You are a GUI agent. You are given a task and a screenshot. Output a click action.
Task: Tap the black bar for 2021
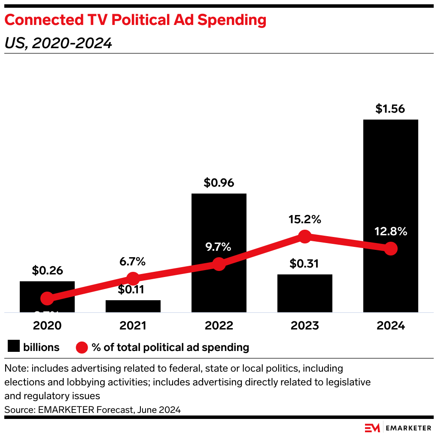pos(133,306)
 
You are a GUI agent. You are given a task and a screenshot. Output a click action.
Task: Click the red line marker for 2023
pos(304,236)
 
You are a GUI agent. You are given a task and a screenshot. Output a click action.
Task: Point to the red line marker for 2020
pos(47,298)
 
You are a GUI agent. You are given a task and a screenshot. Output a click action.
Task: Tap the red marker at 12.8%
pos(390,248)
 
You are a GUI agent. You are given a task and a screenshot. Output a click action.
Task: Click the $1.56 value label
pos(390,109)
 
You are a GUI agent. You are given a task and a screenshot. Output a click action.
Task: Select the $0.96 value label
pos(219,183)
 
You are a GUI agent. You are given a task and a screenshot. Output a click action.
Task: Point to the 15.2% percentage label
pos(304,219)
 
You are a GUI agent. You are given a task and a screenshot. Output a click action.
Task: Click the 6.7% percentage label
pos(133,261)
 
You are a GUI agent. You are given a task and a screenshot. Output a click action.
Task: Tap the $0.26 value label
pos(47,271)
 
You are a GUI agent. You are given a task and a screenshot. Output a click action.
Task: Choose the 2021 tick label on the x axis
pos(133,326)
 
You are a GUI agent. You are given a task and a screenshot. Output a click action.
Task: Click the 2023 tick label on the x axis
pos(304,326)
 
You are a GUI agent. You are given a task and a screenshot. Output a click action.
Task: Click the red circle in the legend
pos(82,347)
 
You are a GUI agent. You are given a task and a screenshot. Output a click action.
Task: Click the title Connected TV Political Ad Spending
pos(135,20)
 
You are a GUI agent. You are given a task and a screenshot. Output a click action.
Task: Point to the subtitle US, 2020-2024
pos(58,43)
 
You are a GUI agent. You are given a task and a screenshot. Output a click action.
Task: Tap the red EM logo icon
pos(372,428)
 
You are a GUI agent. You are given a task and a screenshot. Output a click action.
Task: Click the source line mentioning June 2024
pos(93,410)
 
